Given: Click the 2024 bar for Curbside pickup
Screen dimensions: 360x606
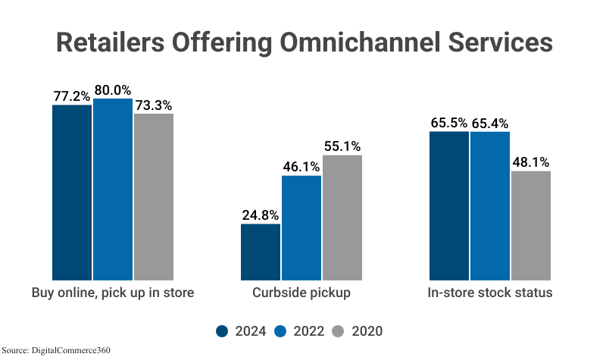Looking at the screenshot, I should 261,252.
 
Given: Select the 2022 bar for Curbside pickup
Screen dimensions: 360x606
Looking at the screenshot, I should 301,227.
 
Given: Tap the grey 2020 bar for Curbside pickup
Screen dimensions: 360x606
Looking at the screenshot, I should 342,218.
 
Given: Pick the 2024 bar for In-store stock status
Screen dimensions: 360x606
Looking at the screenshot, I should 449,205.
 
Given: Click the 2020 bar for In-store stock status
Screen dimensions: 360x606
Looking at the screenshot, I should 531,225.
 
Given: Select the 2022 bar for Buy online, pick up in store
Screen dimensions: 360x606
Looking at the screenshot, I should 113,189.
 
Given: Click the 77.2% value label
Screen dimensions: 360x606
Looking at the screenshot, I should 72,96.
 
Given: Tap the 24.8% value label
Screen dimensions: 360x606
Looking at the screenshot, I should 261,214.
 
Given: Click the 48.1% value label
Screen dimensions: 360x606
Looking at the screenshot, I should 531,162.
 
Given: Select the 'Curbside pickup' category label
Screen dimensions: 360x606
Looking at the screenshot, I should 301,293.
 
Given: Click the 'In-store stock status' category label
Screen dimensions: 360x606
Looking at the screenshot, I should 490,293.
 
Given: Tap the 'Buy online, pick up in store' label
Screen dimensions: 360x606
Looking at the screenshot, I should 113,293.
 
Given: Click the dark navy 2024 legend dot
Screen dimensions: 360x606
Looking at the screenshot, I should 222,331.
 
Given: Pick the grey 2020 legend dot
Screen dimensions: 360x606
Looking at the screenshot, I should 339,331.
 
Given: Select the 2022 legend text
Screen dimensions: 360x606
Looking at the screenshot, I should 309,331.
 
